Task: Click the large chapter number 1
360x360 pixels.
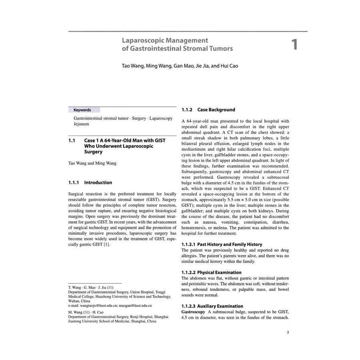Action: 295,44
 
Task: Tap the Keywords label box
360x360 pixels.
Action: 82,110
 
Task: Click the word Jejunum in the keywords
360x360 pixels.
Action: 81,124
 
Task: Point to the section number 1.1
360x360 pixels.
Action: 72,141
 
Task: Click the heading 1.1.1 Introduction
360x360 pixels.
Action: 90,182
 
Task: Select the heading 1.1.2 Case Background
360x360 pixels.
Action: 208,110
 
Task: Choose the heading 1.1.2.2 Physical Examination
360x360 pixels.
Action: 211,272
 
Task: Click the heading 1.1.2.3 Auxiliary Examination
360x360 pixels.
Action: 212,306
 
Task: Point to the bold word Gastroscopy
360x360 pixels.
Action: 193,312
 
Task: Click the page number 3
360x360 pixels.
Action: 288,332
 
